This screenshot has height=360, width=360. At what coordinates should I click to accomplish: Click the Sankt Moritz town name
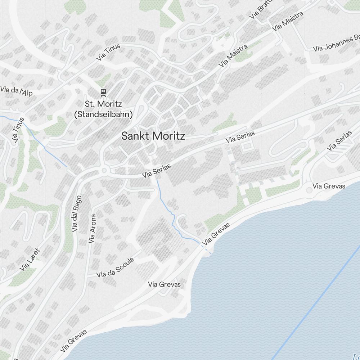tap(153, 136)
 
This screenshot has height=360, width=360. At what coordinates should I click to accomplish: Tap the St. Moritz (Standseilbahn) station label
tap(103, 109)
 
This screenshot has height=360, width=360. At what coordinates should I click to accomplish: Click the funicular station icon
tap(103, 92)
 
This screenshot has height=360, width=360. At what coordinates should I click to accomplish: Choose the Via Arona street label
tap(92, 229)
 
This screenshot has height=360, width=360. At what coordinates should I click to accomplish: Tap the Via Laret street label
tap(30, 259)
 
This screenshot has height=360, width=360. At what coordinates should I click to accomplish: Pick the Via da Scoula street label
tap(115, 268)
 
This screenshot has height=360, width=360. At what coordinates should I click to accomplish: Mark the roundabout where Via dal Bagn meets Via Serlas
tap(105, 170)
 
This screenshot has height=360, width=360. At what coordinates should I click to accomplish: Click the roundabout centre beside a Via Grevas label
tap(309, 189)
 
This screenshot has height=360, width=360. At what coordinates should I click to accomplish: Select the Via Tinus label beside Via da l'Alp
tap(19, 130)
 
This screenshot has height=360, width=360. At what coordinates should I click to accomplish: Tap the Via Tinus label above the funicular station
tap(108, 52)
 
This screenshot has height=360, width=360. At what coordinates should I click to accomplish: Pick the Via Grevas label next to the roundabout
tap(329, 186)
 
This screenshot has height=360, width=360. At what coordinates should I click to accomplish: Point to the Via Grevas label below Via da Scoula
tap(165, 284)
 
